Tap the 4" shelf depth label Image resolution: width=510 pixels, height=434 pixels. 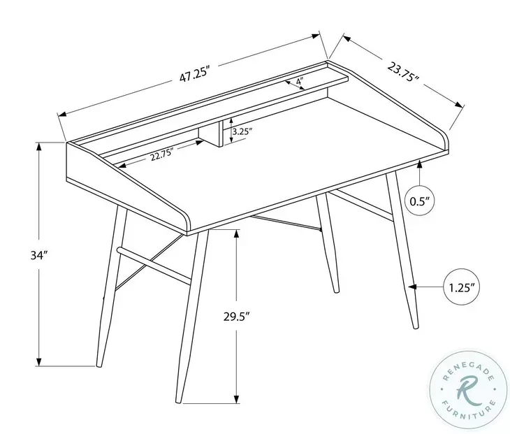[299, 82]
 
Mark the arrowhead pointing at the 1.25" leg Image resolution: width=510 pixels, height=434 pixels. [413, 287]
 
